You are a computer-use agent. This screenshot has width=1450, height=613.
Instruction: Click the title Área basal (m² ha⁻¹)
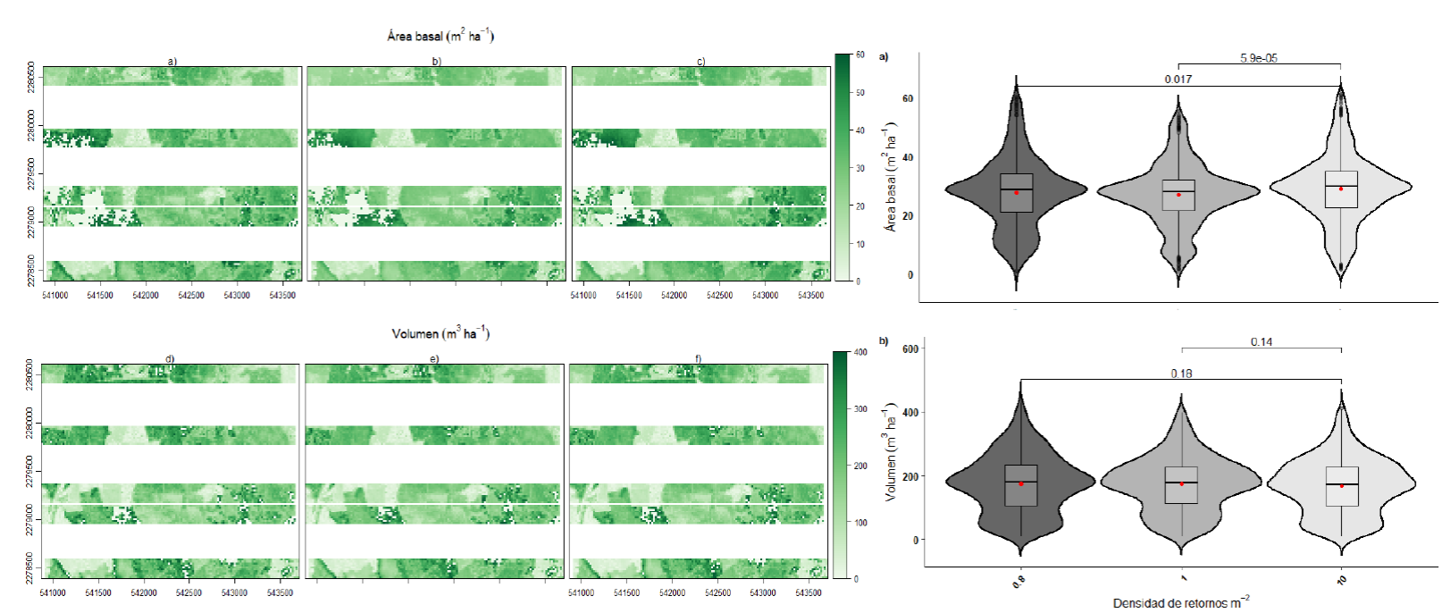pos(440,36)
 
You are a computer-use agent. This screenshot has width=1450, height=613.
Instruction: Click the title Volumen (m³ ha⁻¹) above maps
pos(440,333)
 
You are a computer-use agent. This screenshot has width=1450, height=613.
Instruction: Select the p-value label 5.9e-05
pos(1258,58)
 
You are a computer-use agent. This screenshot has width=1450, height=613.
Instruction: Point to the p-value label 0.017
pos(1178,80)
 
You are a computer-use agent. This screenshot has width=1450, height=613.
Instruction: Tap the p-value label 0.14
pos(1261,341)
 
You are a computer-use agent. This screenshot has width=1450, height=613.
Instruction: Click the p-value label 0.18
pos(1181,373)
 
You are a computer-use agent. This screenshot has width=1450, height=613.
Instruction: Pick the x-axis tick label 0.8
pos(1018,581)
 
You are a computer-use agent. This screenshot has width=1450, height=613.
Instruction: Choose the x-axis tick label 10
pos(1341,580)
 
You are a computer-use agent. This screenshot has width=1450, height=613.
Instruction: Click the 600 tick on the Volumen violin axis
pos(909,348)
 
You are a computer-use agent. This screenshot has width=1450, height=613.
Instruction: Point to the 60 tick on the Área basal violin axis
pos(907,98)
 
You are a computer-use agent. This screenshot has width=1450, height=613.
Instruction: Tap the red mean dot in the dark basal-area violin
pos(1016,193)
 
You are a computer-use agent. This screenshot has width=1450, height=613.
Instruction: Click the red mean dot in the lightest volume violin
pos(1341,485)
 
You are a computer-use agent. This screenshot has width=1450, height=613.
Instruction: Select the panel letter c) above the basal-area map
pos(701,62)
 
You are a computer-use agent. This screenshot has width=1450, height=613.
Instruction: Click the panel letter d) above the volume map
pos(170,359)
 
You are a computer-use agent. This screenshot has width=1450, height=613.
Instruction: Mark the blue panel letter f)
pos(699,359)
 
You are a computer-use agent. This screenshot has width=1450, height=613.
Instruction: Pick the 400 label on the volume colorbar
pos(860,352)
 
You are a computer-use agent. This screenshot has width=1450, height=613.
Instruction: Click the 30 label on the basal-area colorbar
pos(859,168)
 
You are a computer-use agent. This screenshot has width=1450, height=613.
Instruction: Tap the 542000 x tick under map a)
pos(145,295)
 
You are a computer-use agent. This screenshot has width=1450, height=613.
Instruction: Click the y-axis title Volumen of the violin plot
pos(890,454)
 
